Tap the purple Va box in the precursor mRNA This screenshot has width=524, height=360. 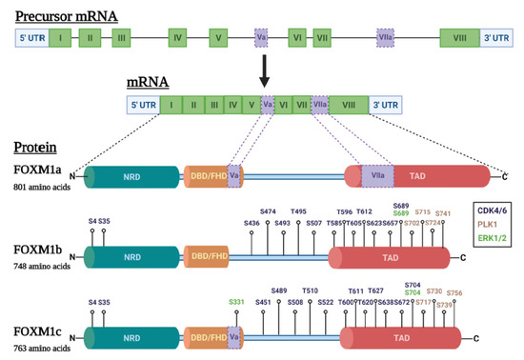[x=261, y=41]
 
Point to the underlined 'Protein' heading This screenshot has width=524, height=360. [x=38, y=150]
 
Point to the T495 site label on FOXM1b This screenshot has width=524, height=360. [x=298, y=211]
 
